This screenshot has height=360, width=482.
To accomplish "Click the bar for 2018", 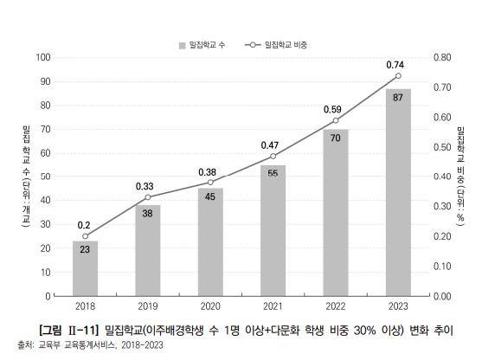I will pos(85,268).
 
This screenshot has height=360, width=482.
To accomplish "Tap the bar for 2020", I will pos(210,242).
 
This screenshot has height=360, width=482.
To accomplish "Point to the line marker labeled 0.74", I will pos(398,76).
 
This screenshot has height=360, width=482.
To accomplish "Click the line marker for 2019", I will pos(148,197).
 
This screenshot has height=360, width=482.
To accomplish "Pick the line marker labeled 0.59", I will pos(336,120).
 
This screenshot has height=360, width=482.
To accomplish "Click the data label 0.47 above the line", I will pos(273,144).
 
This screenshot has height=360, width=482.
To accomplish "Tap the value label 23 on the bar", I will pos(85,249).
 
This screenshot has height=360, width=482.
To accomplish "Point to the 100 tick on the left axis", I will pos(42,58).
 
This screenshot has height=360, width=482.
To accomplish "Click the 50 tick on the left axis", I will pos(45,177).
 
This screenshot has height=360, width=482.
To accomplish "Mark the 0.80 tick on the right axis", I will pos(440,58).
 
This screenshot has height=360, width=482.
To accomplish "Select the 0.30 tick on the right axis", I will pos(440,207).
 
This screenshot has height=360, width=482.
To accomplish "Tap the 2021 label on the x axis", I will pos(273,306).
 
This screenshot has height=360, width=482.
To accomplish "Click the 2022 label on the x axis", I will pos(336,306).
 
